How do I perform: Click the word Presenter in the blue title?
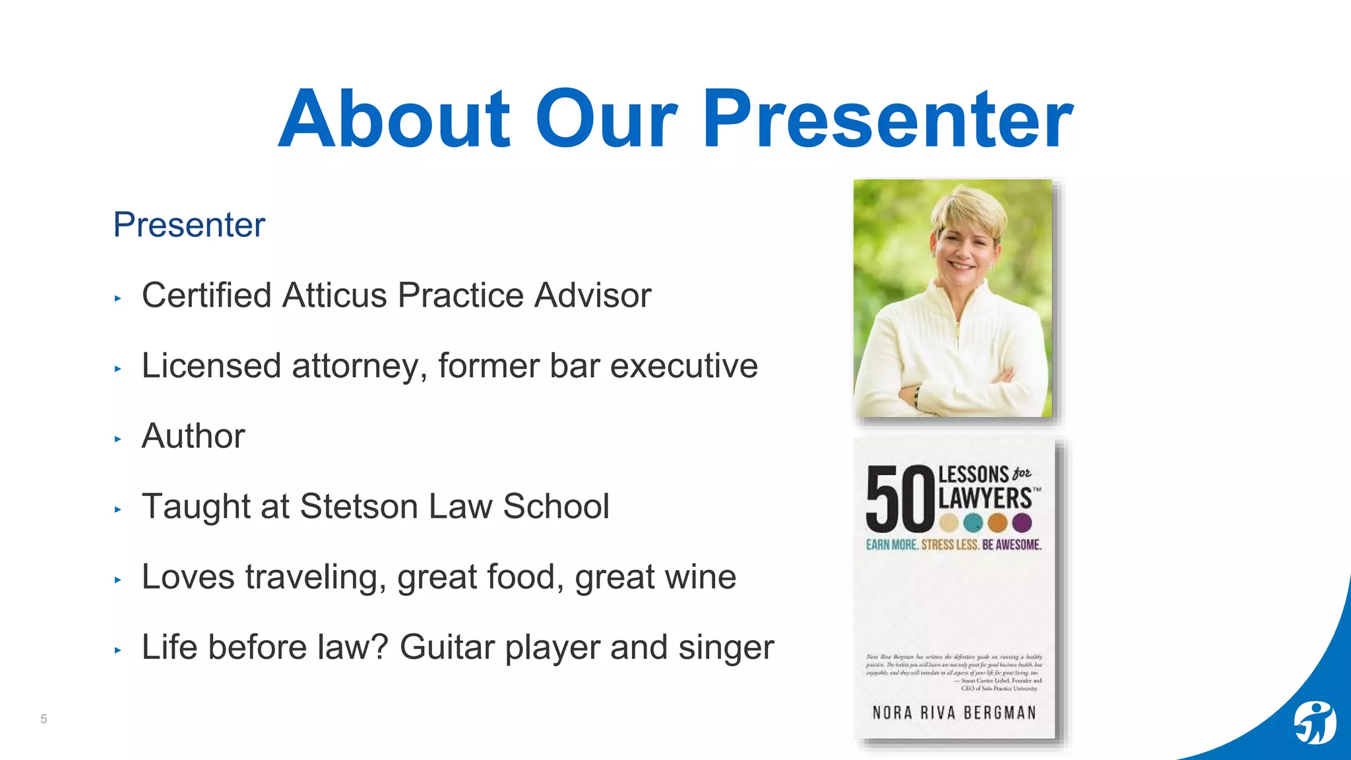coord(887,120)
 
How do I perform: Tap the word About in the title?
coord(394,120)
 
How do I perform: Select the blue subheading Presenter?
coord(189,224)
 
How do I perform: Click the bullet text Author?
coord(193,436)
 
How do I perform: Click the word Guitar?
coord(447,647)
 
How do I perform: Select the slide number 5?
coord(44,718)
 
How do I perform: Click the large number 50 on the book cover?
coord(900,500)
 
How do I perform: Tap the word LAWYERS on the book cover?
coord(985,498)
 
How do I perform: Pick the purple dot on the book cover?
coord(1022,523)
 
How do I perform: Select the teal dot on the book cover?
coord(973,523)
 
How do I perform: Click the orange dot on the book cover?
coord(997,523)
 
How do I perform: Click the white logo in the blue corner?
coord(1315,723)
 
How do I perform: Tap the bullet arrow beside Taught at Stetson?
coord(118,509)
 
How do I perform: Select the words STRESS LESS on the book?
coord(950,545)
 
